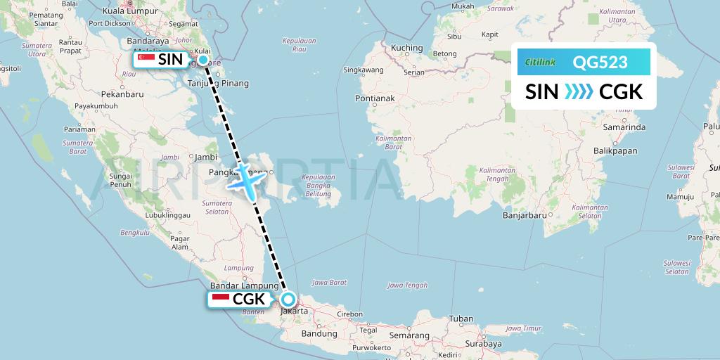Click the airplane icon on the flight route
click(x=245, y=181)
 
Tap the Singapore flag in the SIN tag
click(x=146, y=60)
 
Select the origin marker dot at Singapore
click(x=203, y=60)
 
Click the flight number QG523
click(x=600, y=63)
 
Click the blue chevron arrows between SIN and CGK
click(x=579, y=91)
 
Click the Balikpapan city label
click(x=615, y=150)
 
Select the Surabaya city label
click(x=482, y=344)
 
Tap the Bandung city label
click(x=316, y=334)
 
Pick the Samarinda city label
click(x=624, y=127)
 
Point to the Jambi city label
click(x=205, y=157)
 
